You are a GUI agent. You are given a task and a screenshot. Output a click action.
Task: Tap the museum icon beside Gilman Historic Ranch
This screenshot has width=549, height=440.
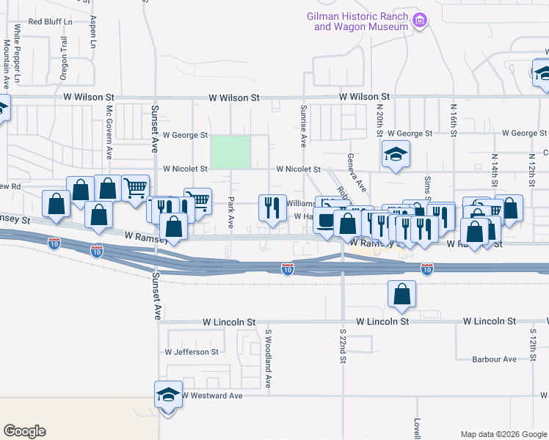pyautogui.click(x=420, y=20)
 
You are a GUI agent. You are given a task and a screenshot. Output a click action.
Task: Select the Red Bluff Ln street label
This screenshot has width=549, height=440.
pyautogui.click(x=51, y=21)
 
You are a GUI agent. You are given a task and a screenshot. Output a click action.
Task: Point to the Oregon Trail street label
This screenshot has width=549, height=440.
pyautogui.click(x=63, y=54)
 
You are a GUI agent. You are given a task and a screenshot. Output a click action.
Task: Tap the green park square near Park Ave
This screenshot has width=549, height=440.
pyautogui.click(x=231, y=152)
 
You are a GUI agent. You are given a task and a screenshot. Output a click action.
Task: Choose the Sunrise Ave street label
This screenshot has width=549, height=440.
pyautogui.click(x=302, y=122)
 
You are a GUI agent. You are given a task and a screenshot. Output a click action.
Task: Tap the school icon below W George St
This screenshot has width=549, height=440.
pyautogui.click(x=396, y=155)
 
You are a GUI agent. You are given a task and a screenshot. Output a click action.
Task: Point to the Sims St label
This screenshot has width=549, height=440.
pyautogui.click(x=426, y=188)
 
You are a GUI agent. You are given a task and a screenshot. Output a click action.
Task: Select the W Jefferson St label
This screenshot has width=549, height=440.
pyautogui.click(x=192, y=352)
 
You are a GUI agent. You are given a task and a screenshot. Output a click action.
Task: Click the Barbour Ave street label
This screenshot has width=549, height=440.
pyautogui.click(x=494, y=359)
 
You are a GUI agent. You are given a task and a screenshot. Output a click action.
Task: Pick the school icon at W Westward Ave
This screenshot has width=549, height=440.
pyautogui.click(x=168, y=396)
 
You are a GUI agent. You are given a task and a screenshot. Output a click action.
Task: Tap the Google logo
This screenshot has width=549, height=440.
pyautogui.click(x=24, y=431)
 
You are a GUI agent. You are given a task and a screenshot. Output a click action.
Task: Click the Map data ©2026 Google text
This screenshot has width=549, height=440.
pyautogui.click(x=503, y=434)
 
